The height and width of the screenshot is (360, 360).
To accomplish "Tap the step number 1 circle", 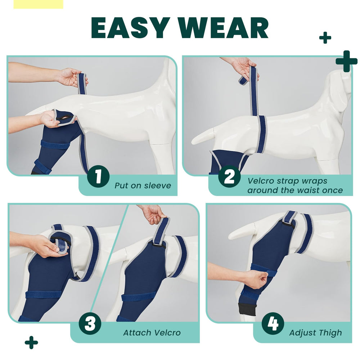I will (98, 176).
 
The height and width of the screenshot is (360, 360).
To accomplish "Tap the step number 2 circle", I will (229, 176).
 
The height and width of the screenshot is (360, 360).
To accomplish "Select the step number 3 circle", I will (90, 324).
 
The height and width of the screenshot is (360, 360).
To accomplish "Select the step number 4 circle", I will (273, 323).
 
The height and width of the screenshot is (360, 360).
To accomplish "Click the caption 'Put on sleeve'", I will (143, 186).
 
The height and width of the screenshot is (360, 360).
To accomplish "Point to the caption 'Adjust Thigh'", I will (315, 333).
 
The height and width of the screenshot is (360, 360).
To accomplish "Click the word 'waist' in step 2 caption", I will (309, 190).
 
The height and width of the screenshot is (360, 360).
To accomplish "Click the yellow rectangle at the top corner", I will (38, 4).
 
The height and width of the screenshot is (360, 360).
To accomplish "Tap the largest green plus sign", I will (346, 61).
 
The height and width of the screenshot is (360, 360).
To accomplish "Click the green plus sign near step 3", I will (31, 342).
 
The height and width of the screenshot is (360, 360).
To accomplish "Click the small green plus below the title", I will (325, 37).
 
